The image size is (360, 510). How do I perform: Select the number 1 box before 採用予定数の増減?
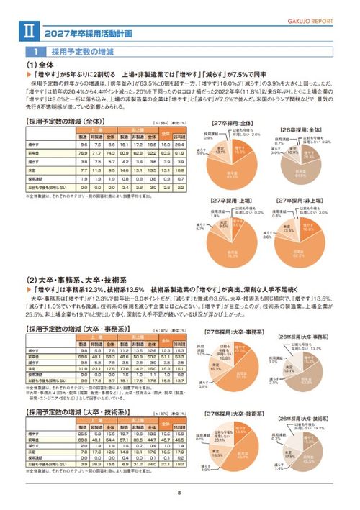(35, 53)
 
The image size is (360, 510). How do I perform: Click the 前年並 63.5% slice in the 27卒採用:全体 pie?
(230, 169)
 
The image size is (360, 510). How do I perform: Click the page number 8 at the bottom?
(179, 493)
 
